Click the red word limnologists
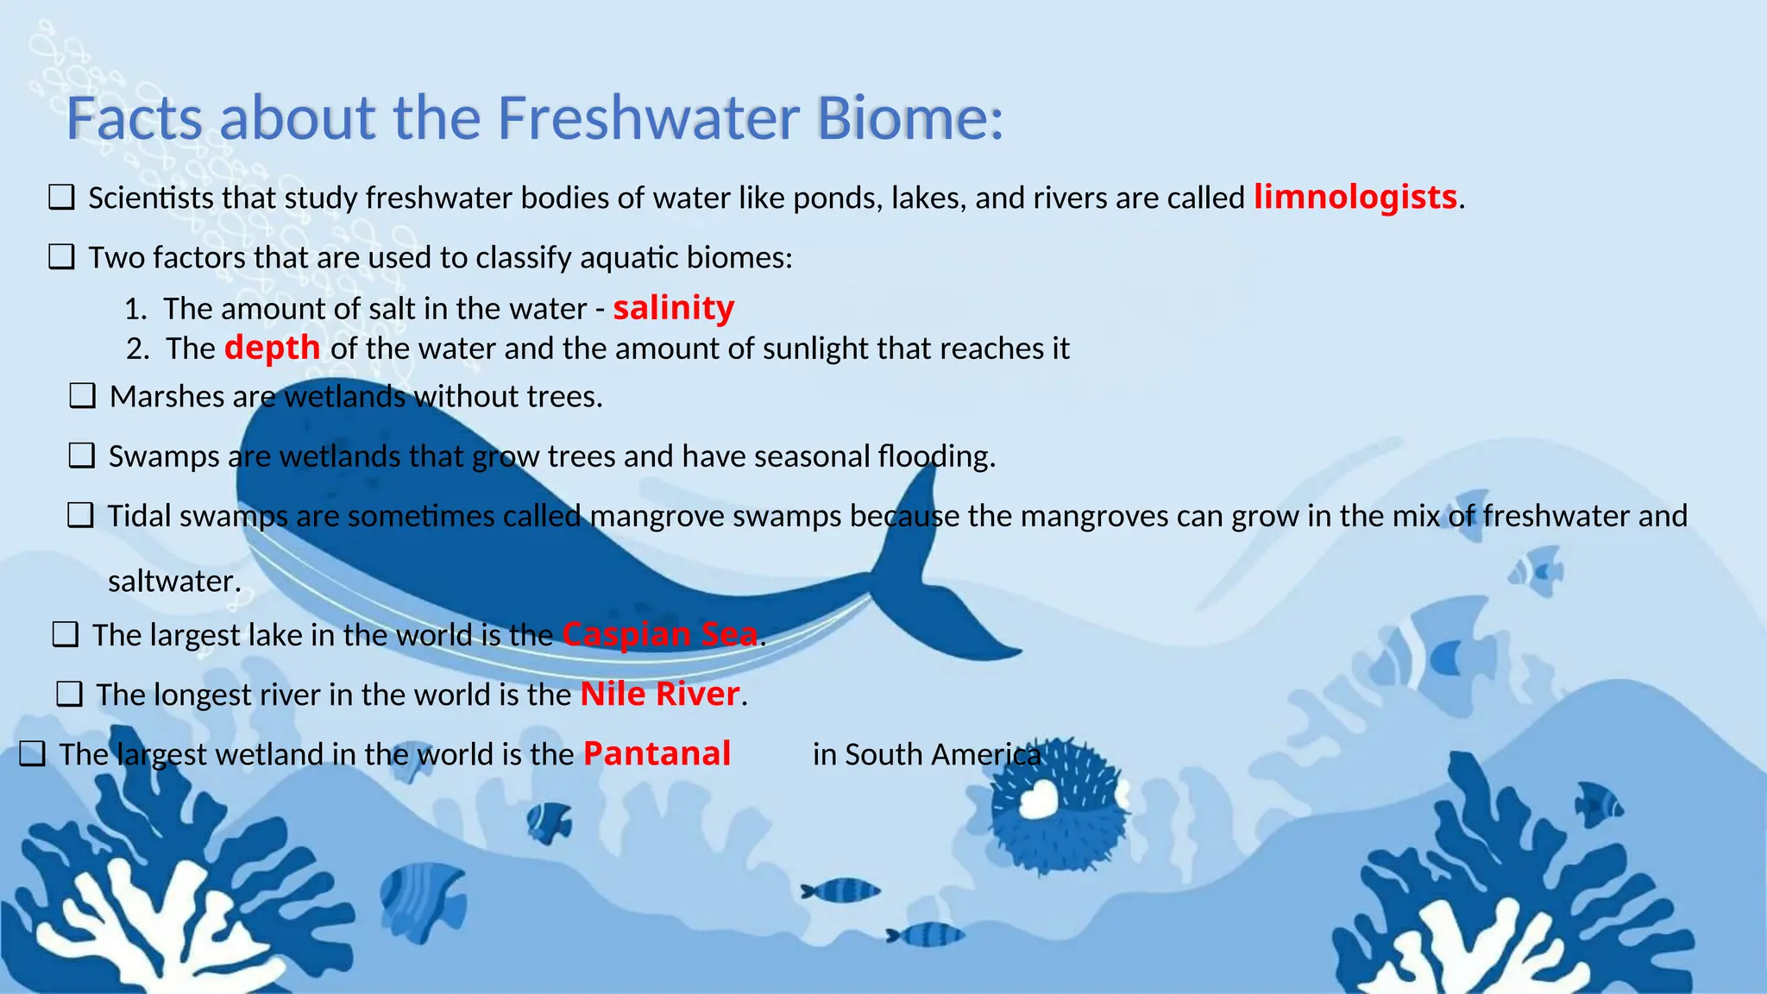[1355, 198]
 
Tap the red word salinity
[673, 308]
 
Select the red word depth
[272, 348]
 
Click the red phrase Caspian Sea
[660, 634]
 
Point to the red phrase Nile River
[660, 694]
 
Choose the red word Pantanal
[657, 753]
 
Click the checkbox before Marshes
[83, 396]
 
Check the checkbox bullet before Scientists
[61, 198]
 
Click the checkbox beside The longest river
[69, 694]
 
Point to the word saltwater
[173, 581]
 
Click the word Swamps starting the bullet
[164, 456]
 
